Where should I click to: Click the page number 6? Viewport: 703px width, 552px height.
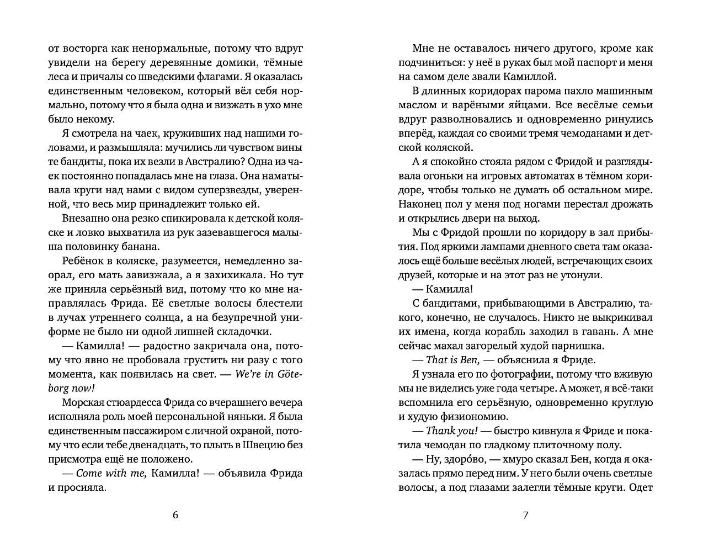pos(175,516)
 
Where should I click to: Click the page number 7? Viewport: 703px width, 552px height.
pos(525,516)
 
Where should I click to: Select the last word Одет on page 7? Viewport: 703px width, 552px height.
pos(641,487)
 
